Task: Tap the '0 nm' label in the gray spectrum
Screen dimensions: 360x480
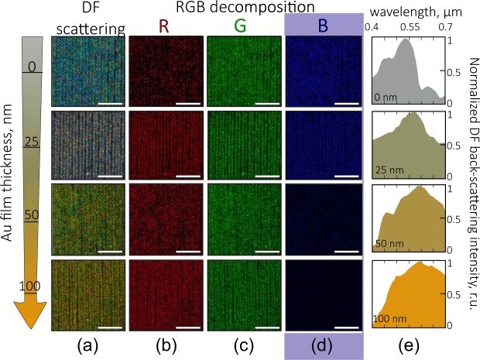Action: pyautogui.click(x=386, y=98)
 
